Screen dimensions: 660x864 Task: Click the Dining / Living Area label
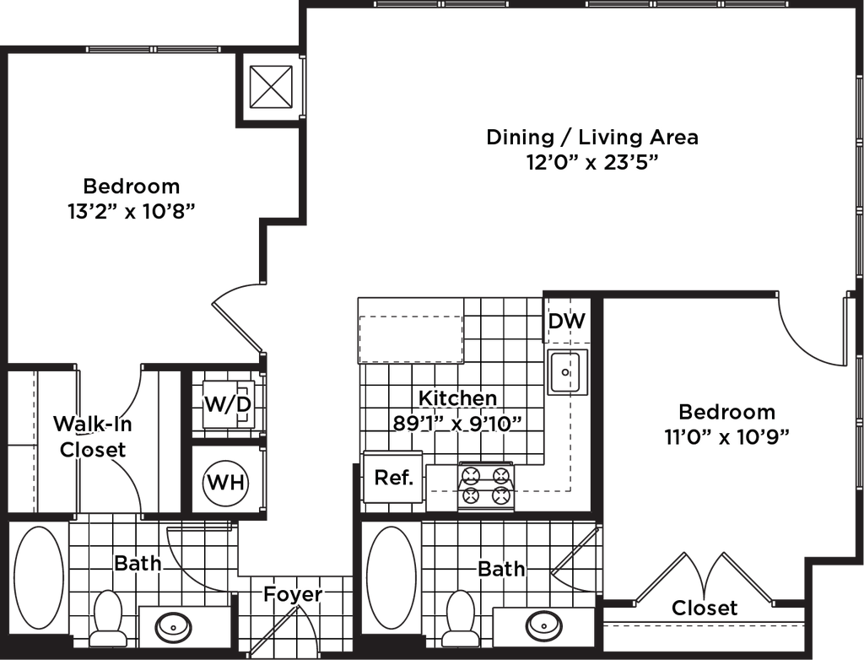[591, 137]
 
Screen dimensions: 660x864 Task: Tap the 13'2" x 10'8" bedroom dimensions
[131, 209]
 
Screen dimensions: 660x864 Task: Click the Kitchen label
[457, 398]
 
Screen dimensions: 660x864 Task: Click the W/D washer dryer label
[228, 405]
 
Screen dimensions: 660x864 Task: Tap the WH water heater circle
[227, 483]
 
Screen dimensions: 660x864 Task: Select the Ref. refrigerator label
[395, 479]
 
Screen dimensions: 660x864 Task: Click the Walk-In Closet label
[93, 436]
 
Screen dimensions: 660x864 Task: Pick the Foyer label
[291, 594]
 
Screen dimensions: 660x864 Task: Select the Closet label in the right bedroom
[705, 608]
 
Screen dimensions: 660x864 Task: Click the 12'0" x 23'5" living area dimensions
[591, 161]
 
